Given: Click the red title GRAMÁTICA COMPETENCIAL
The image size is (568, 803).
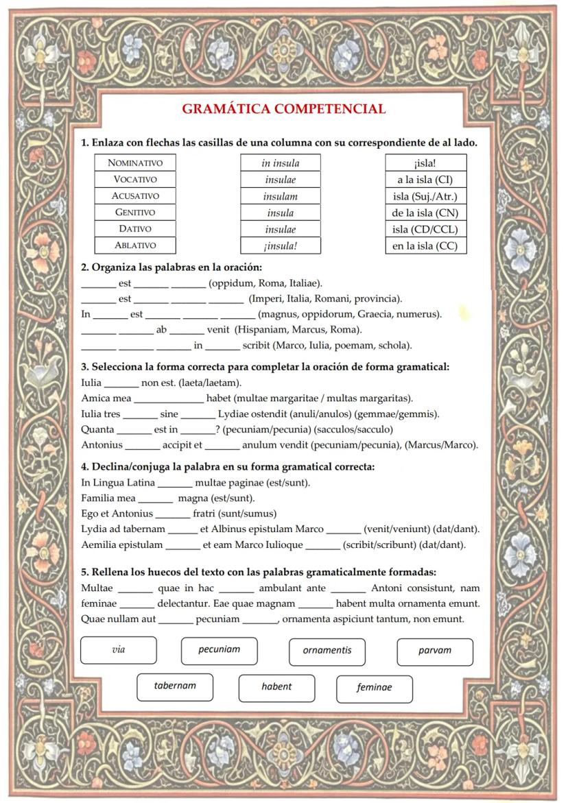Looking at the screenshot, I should click(x=283, y=109).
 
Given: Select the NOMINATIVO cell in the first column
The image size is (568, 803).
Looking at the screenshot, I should click(x=135, y=163).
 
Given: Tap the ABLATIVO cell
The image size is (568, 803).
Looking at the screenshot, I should click(x=135, y=245).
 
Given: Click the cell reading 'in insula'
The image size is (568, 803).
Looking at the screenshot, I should click(x=281, y=163).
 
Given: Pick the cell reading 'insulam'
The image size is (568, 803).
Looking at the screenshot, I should click(x=281, y=196).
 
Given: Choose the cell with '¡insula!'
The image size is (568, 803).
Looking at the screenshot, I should click(x=281, y=245).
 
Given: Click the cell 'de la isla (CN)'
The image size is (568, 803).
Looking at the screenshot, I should click(x=425, y=213).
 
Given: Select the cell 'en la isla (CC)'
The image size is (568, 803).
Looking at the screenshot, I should click(x=425, y=245).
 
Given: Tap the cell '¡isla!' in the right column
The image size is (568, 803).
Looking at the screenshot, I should click(x=425, y=163).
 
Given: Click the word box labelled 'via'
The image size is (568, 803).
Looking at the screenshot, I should click(x=119, y=650).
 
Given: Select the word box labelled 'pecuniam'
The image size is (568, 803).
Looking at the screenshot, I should click(x=220, y=651).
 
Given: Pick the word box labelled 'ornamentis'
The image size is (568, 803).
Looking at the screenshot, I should click(x=327, y=651).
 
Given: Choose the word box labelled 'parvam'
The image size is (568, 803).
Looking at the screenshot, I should click(x=435, y=651).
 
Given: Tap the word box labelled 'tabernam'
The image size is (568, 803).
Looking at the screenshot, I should click(x=175, y=686).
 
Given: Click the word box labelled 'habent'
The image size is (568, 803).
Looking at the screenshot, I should click(x=276, y=688).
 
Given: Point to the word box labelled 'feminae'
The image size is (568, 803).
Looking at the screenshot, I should click(x=375, y=688).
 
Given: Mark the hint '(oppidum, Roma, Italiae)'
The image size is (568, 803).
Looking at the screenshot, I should click(x=265, y=283).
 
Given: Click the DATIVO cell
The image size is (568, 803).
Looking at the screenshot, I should click(x=135, y=229).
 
